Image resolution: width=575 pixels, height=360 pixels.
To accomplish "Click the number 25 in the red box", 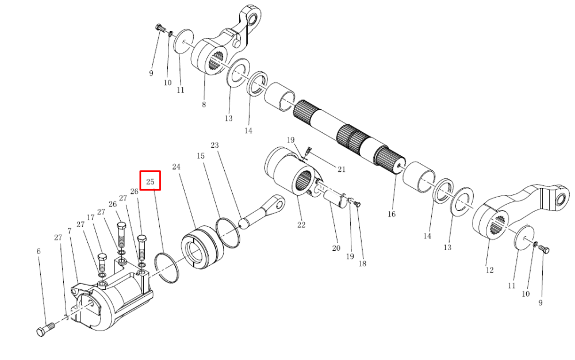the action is (x=150, y=182).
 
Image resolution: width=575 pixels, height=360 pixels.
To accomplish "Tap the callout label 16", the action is (x=392, y=214).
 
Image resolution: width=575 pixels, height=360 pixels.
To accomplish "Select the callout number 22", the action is (x=301, y=225).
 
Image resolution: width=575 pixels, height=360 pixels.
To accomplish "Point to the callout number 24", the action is (x=177, y=167).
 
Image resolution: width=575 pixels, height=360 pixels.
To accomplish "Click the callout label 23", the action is (x=214, y=145).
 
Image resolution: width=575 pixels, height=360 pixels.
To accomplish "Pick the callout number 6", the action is (x=39, y=251).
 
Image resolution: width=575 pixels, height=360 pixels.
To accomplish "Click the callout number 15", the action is (x=200, y=156).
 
